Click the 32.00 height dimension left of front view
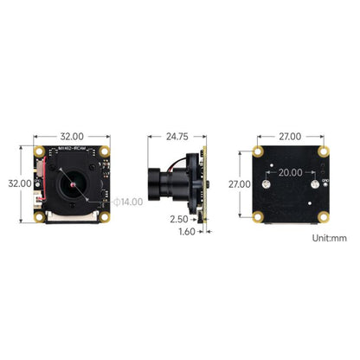click(x=19, y=183)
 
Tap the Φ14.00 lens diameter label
click(x=130, y=202)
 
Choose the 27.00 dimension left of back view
click(x=240, y=184)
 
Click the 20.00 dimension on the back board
click(x=290, y=172)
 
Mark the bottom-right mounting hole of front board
click(x=104, y=216)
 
